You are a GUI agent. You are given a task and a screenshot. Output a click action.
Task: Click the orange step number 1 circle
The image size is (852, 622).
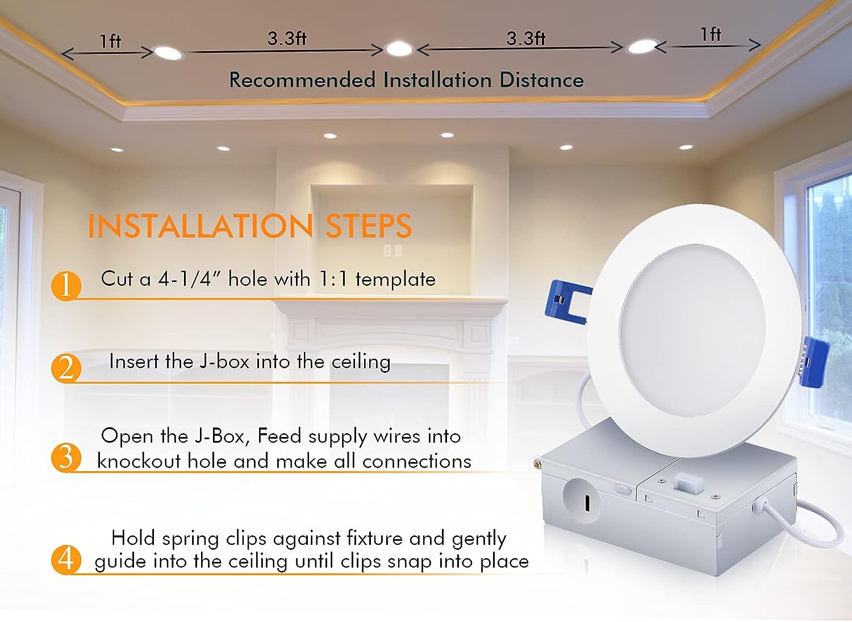(x=66, y=285)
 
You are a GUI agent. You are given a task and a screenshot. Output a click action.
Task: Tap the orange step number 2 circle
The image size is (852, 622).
(x=66, y=368)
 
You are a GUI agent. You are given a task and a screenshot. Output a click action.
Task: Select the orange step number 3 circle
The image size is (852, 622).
(x=66, y=457)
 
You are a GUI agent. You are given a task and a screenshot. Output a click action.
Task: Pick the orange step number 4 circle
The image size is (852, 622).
(x=66, y=560)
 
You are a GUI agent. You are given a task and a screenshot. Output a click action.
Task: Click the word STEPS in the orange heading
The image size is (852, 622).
(x=369, y=226)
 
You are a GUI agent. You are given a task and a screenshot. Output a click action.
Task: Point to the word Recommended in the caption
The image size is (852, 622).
(x=302, y=80)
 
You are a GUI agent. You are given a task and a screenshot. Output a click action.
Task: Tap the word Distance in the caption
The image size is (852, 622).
(x=541, y=80)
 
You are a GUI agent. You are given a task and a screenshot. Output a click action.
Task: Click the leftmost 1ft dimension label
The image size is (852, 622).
(x=110, y=41)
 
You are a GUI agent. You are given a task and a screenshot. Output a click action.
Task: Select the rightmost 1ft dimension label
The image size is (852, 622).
(x=711, y=34)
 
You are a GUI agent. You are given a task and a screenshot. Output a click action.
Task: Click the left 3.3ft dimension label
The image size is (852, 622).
(x=287, y=39)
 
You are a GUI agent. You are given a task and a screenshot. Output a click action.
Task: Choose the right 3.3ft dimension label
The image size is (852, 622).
(x=525, y=39)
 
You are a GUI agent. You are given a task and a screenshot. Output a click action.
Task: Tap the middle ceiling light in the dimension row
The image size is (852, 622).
(x=399, y=49)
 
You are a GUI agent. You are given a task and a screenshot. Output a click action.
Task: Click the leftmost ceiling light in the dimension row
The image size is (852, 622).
(x=168, y=53)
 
